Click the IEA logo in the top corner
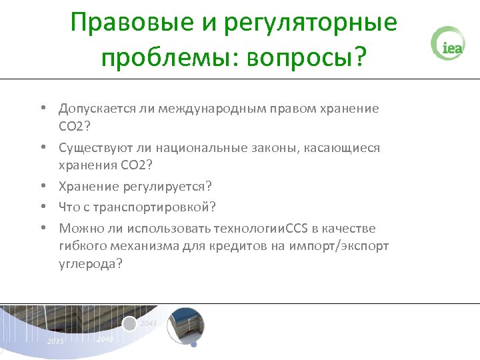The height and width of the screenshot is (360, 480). (447, 45)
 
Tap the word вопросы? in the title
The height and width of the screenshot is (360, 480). (306, 59)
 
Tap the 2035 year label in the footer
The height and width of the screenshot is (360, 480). (55, 341)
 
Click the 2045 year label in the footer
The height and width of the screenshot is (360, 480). (149, 323)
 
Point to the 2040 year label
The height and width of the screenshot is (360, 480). (105, 339)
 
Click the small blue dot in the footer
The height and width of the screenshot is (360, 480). (193, 345)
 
